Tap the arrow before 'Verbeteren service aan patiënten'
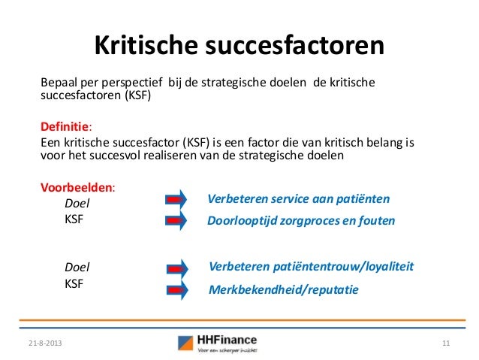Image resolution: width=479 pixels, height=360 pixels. coord(176,199)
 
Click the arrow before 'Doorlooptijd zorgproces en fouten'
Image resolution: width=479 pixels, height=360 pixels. coord(176,221)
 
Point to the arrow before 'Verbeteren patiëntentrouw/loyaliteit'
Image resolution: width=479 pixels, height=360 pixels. coord(176,268)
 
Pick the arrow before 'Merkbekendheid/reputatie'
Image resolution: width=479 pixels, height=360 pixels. coord(176,289)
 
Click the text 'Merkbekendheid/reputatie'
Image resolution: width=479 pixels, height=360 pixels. coord(283,289)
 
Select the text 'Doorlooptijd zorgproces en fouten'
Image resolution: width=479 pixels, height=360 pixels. coord(300,222)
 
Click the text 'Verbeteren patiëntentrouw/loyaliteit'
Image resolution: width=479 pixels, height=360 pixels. coord(312,267)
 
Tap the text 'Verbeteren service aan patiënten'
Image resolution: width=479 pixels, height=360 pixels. coord(298,199)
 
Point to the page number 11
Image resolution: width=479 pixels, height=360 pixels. coord(446,343)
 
